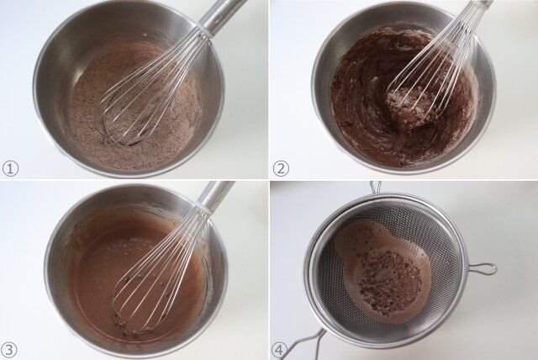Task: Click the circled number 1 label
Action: click(10, 169)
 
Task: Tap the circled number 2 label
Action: click(281, 169)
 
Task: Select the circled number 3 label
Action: click(9, 350)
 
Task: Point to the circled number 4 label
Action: click(280, 351)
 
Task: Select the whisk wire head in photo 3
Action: click(157, 274)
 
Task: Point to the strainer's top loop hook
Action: click(376, 188)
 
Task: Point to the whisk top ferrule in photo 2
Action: click(484, 3)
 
